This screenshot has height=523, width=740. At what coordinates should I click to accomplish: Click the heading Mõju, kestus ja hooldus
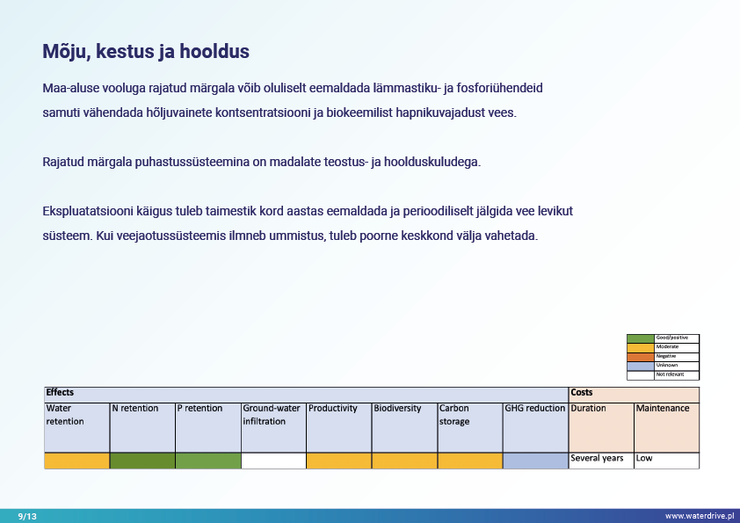[146, 52]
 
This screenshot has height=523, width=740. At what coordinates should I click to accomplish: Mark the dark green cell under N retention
[142, 461]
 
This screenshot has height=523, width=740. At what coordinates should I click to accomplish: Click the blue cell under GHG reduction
[535, 461]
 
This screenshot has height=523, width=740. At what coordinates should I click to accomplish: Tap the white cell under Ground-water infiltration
[273, 461]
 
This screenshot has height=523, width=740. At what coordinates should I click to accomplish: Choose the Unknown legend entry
[667, 366]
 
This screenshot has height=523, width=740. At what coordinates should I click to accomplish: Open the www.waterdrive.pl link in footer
[699, 516]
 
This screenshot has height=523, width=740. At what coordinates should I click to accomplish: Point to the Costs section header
[582, 392]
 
